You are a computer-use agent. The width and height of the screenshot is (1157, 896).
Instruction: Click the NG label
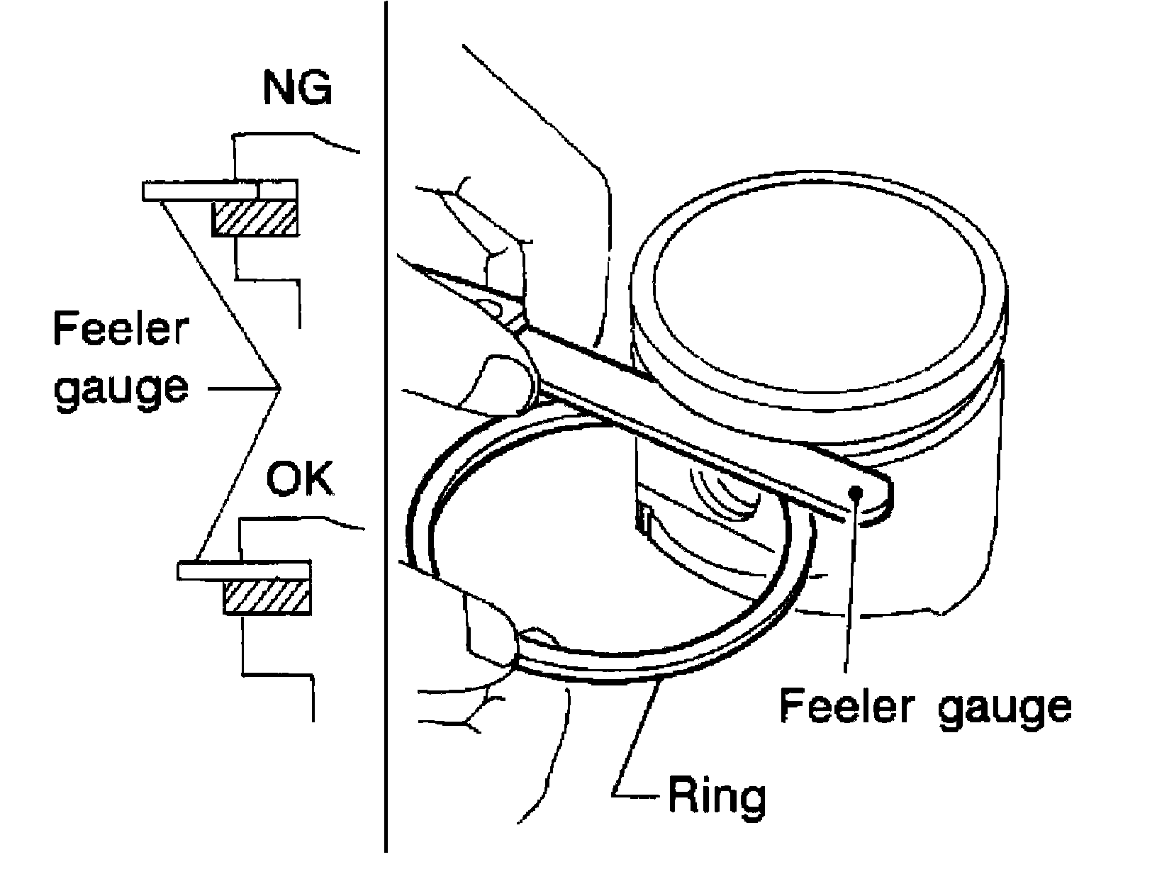(298, 88)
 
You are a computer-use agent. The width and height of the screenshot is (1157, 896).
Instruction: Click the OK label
(300, 478)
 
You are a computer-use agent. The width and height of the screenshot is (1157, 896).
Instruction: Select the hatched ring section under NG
(255, 218)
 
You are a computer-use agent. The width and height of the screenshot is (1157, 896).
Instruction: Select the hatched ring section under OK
(267, 597)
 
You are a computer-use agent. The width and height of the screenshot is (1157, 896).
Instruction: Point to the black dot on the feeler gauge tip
(856, 491)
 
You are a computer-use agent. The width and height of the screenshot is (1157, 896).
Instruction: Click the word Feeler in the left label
(121, 328)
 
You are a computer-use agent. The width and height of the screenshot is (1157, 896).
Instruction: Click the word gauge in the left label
(121, 388)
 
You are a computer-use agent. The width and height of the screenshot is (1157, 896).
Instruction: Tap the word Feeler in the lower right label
(846, 705)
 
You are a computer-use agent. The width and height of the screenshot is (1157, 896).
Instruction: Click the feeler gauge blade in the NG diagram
(219, 191)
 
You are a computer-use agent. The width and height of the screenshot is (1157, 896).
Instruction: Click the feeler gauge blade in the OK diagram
(244, 570)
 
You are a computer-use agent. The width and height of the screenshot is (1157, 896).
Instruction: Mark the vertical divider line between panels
(386, 426)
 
